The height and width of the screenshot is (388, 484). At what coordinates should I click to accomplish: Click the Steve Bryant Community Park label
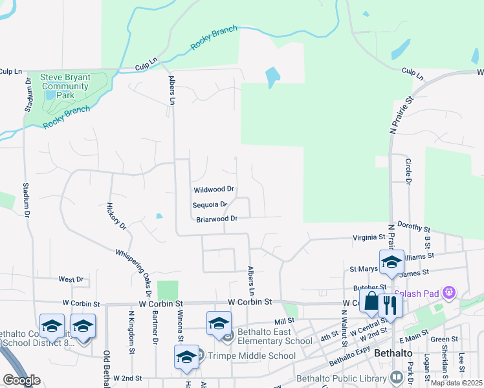(65, 86)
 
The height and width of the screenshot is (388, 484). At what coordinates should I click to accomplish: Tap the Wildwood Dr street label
(214, 190)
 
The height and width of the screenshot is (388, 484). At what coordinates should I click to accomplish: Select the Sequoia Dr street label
(210, 204)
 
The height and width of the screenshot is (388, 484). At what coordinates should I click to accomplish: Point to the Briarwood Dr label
(217, 219)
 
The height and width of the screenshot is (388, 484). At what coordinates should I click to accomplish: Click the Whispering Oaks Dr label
(134, 268)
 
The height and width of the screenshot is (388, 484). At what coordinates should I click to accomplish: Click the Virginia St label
(369, 237)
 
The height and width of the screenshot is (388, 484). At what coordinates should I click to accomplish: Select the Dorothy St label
(414, 228)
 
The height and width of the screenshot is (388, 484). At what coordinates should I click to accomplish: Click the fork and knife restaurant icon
(391, 305)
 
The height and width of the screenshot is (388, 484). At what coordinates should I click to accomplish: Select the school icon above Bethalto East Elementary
(219, 323)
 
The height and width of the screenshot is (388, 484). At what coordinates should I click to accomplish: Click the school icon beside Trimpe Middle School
(186, 358)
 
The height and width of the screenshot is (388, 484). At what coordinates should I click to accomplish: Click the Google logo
(21, 380)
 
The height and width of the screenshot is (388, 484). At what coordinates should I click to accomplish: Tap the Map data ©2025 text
(456, 383)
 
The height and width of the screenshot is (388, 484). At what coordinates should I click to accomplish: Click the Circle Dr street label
(408, 171)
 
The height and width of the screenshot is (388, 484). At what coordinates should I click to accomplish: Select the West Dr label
(71, 279)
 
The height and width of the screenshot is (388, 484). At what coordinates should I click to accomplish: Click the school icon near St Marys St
(391, 262)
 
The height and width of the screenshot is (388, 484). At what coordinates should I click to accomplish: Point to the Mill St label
(284, 321)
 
